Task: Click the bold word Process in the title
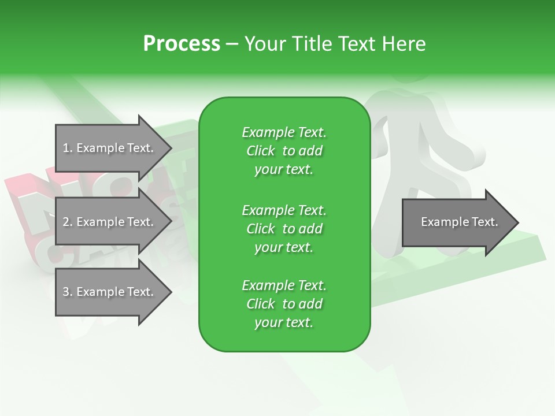click(182, 44)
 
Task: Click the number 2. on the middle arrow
click(68, 222)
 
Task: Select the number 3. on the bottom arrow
click(68, 292)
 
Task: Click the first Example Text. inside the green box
click(284, 132)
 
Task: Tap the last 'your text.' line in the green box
click(283, 322)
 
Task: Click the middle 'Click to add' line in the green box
click(284, 229)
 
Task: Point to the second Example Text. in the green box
click(284, 210)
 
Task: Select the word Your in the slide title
click(263, 44)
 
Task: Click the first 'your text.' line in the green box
click(283, 169)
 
